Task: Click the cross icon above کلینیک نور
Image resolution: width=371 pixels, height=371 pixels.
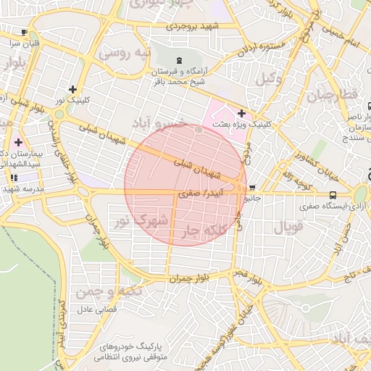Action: tap(72, 89)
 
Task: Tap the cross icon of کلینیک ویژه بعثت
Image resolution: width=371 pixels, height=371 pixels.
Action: tap(241, 113)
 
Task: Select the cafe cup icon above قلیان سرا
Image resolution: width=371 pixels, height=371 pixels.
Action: tap(25, 33)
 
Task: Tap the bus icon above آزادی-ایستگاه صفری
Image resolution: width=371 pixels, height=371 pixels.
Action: tap(333, 195)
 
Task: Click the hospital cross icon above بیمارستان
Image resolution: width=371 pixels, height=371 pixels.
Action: tap(17, 142)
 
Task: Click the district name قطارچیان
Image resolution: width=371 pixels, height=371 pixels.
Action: tap(333, 96)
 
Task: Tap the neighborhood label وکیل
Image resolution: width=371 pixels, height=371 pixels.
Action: tap(268, 80)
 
